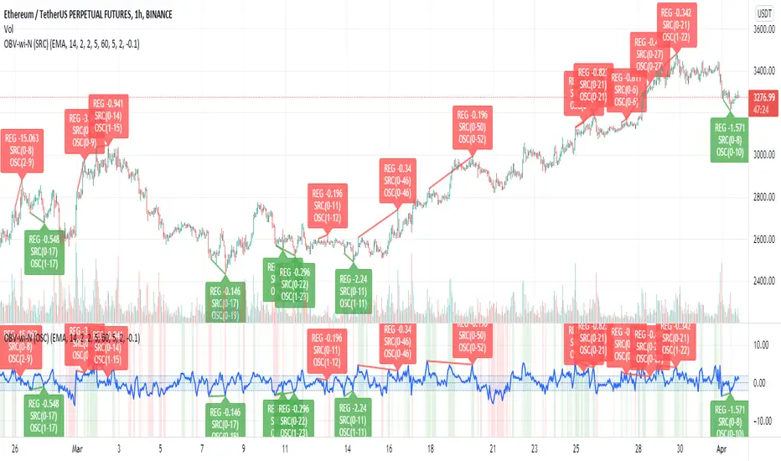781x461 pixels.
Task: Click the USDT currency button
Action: point(764,13)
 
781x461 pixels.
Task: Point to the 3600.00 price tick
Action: point(761,29)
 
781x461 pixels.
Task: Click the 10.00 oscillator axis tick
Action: point(761,344)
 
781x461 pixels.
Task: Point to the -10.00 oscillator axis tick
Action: point(759,422)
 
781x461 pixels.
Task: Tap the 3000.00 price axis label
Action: point(761,155)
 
